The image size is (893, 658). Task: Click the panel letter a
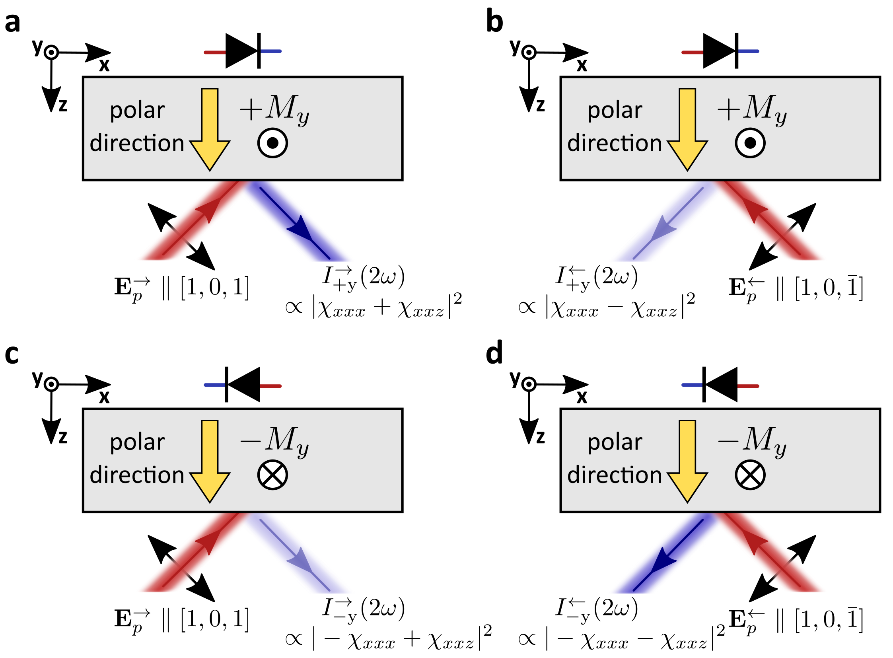12,23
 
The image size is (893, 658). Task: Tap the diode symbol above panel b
720,51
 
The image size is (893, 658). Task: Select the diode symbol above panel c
243,385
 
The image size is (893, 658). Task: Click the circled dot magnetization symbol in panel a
272,142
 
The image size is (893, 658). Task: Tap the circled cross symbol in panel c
272,474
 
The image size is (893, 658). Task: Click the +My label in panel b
751,109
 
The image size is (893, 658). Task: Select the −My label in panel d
751,441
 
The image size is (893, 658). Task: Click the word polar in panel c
137,442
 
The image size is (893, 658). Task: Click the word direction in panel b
614,143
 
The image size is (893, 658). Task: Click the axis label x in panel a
104,65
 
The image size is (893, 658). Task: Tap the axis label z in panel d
540,437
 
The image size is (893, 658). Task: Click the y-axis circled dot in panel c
51,384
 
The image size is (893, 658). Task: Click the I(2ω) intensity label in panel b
596,277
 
